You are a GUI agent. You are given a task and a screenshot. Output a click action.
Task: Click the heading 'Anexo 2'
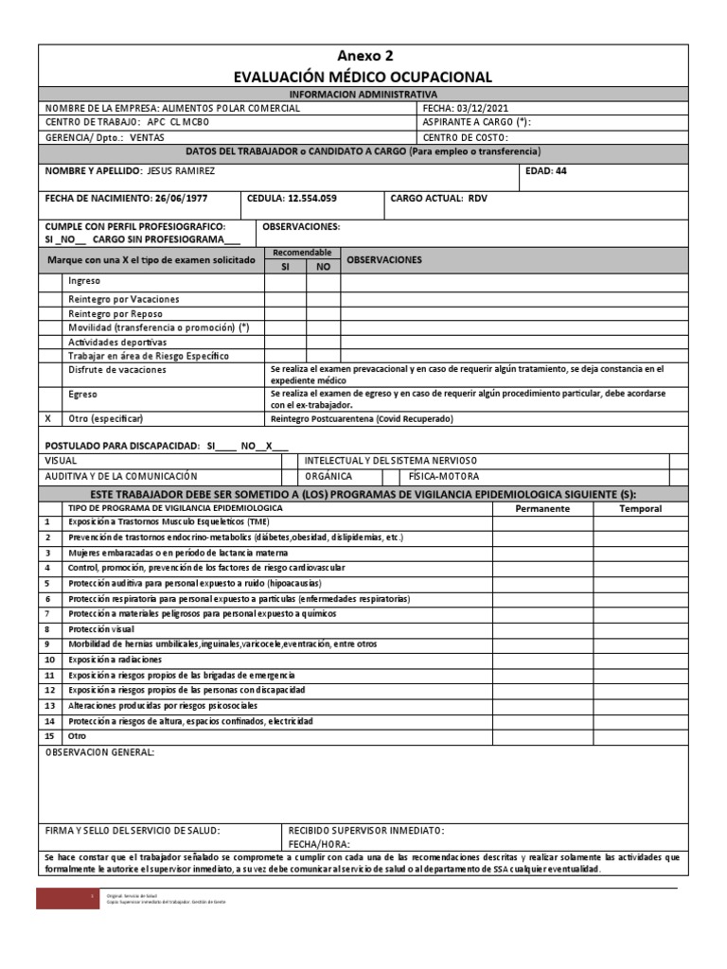coord(363,56)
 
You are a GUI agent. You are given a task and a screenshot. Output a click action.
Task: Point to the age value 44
coord(560,171)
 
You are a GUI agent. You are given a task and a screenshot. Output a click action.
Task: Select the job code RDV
coord(478,200)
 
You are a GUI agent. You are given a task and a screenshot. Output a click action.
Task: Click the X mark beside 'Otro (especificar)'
coord(48,418)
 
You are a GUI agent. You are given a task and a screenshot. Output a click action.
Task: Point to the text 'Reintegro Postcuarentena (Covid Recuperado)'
coord(363,418)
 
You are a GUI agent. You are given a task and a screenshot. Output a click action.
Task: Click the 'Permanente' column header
coord(541,508)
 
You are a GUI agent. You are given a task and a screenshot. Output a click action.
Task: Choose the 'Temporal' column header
coord(640,508)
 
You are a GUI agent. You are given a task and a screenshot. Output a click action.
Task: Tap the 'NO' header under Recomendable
coord(323,267)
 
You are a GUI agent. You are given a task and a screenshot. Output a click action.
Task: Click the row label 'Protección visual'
coord(101,629)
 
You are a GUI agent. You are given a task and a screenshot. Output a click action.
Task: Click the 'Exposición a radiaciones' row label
coord(115,660)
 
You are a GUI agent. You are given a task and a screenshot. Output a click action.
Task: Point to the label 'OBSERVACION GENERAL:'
coord(99,752)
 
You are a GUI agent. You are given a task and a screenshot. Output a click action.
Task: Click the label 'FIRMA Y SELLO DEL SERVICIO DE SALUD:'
coord(133,830)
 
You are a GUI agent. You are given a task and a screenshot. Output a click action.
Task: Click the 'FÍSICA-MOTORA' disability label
coord(444,476)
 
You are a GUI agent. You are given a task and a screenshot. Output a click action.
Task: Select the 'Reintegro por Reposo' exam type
coord(115,313)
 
